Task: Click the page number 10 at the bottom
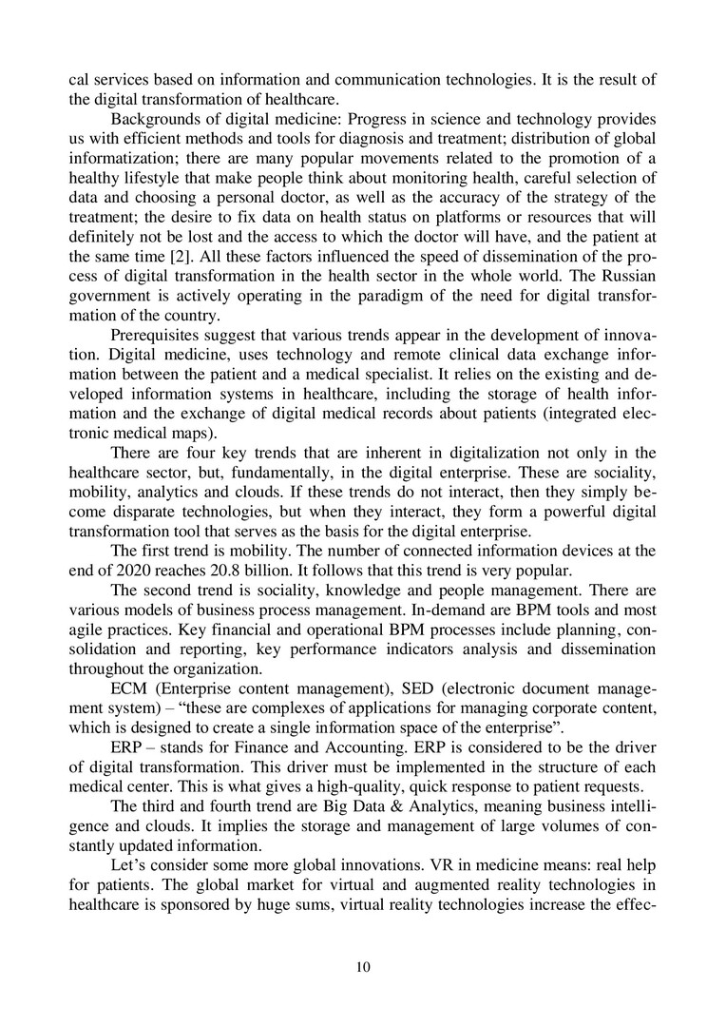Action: pyautogui.click(x=362, y=967)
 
